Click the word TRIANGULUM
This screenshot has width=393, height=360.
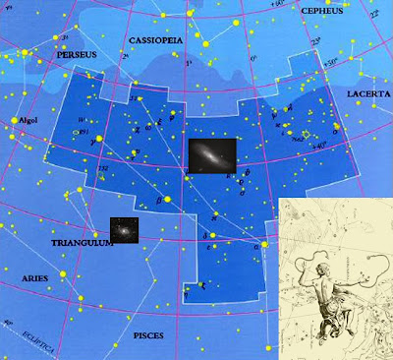[82, 240]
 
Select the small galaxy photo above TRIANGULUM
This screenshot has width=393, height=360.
[124, 228]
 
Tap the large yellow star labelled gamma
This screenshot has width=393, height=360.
[98, 139]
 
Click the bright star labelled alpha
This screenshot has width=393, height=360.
[263, 245]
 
